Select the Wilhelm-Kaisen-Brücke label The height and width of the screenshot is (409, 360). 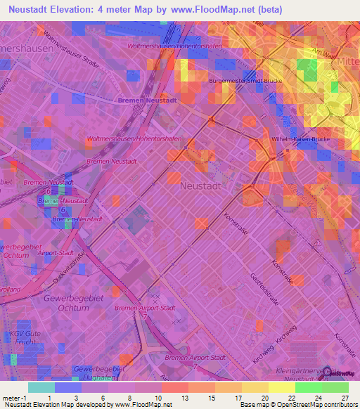(x=301, y=139)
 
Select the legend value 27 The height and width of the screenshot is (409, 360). (x=345, y=398)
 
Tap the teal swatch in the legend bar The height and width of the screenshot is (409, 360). (x=41, y=387)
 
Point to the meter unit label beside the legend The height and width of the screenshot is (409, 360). (x=11, y=398)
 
